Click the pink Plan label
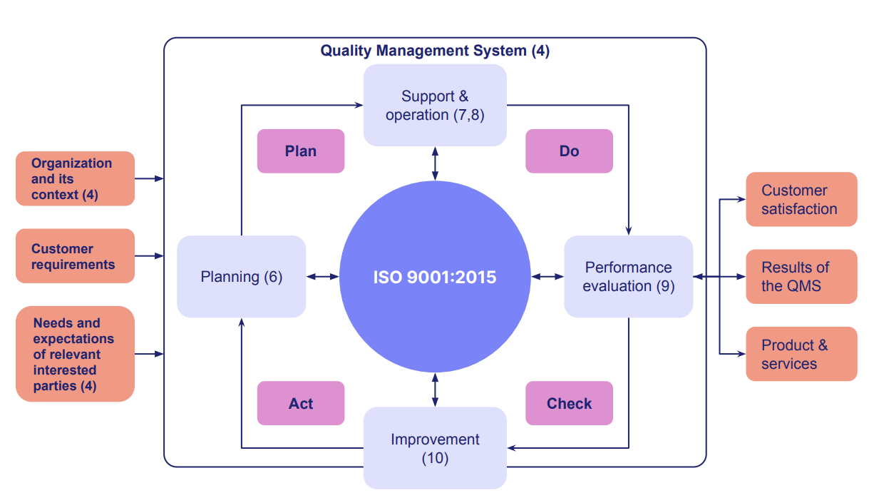[x=300, y=151]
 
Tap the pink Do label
[x=569, y=151]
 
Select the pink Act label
[x=300, y=403]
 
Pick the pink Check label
[x=569, y=403]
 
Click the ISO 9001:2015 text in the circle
[x=434, y=277]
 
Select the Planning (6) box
[x=241, y=277]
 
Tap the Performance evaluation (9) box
[x=628, y=277]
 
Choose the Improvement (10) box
[x=435, y=448]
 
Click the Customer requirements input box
[x=74, y=256]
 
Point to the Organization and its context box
[x=74, y=178]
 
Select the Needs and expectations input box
[x=74, y=354]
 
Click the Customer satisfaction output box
[x=801, y=200]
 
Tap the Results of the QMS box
[x=801, y=277]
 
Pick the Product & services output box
[x=801, y=354]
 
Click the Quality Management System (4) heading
[x=434, y=51]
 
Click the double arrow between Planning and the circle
[x=322, y=277]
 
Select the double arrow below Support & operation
[x=435, y=163]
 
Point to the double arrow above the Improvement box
[x=435, y=390]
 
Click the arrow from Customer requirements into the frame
[x=149, y=256]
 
